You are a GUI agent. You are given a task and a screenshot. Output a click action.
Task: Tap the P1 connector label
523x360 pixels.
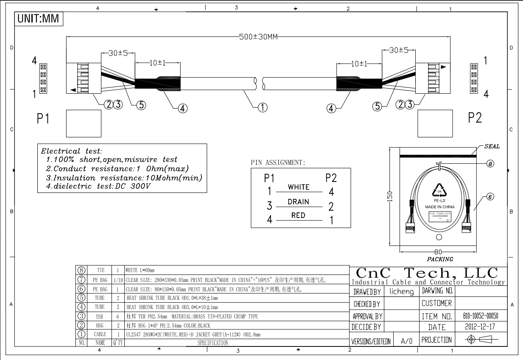43,119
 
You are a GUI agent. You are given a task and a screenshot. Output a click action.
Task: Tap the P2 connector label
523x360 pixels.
475,118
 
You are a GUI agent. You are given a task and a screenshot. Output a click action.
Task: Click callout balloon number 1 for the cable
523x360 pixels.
263,108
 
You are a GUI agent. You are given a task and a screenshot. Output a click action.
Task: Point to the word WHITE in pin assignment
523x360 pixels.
299,187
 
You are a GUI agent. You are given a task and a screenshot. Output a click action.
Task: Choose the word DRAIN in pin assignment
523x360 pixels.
298,202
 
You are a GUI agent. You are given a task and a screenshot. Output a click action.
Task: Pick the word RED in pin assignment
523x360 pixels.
298,215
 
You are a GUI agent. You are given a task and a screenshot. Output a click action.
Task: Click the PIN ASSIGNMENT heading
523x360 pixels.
278,162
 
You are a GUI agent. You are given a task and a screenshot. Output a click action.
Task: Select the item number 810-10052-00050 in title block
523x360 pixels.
481,316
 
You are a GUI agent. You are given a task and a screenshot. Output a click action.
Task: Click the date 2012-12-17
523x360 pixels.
481,327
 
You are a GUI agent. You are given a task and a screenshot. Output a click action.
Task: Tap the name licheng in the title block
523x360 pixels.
401,292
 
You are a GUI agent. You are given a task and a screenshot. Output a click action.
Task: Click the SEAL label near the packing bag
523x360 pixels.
492,147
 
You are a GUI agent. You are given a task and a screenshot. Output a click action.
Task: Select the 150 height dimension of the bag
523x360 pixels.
390,196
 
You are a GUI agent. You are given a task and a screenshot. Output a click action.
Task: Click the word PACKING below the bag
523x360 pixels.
440,259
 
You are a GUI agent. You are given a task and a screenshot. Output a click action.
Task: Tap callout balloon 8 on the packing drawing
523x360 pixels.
490,164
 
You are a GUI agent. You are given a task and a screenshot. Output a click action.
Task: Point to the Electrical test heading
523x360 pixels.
71,151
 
